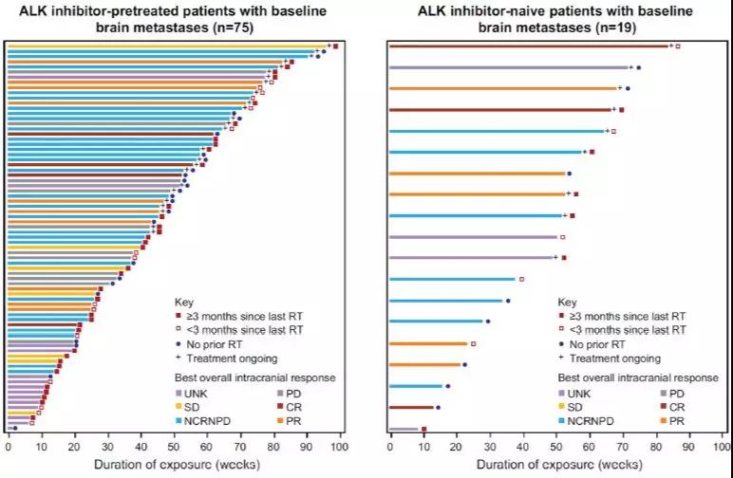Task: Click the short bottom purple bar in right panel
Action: [404, 429]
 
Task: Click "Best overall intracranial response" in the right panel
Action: [640, 377]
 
